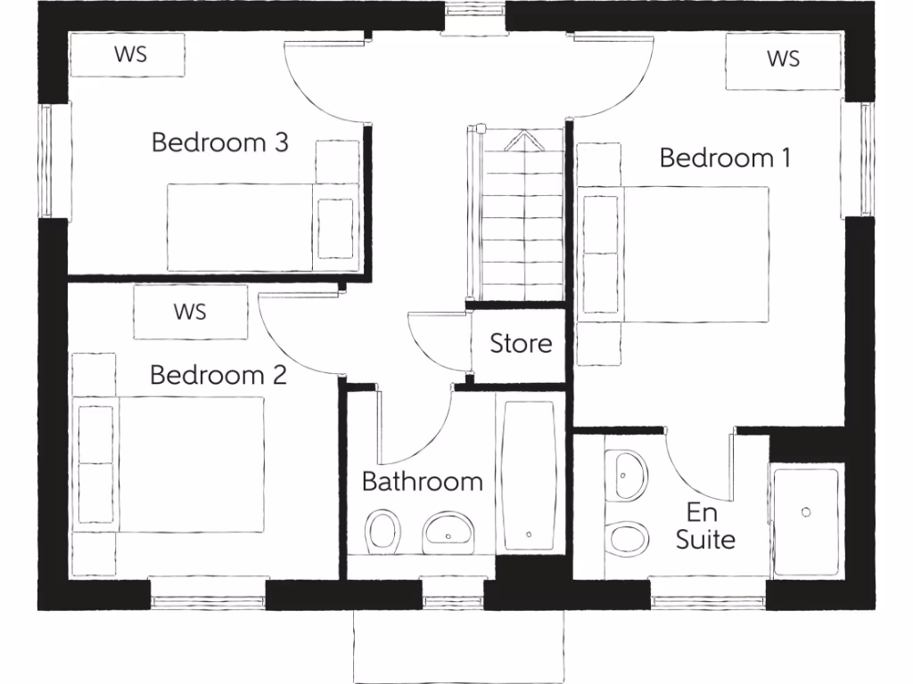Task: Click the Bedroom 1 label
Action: tap(725, 158)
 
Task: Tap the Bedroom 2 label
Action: tap(218, 375)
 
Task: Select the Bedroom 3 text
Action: tap(219, 142)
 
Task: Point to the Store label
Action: tap(521, 343)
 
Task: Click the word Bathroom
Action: tap(422, 482)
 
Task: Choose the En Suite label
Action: tap(704, 525)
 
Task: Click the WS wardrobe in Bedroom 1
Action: tap(783, 60)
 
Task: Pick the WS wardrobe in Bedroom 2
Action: tap(190, 312)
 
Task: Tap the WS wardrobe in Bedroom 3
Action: tap(129, 53)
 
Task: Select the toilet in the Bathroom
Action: tap(382, 531)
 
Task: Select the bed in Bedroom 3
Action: tap(241, 227)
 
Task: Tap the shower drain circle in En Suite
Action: tap(806, 512)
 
